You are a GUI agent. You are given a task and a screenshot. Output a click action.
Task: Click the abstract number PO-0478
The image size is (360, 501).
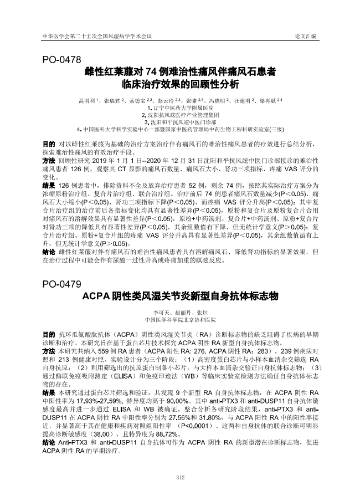coord(62,59)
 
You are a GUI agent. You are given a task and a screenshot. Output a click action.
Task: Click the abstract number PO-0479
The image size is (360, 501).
coord(62,284)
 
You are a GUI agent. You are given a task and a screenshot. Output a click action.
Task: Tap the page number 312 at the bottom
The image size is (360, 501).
coord(180,477)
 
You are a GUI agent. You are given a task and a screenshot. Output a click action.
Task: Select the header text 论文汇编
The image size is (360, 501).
coord(306,36)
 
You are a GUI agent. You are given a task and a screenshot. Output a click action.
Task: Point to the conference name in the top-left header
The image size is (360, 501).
coord(97,36)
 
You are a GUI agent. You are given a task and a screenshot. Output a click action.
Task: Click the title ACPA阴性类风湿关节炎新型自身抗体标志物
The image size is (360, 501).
coord(179,296)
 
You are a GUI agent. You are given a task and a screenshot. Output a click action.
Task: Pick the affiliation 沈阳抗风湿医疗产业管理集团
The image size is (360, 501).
coord(180,114)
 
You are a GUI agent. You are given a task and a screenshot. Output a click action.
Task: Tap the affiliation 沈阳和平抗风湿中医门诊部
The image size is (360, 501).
coord(180,121)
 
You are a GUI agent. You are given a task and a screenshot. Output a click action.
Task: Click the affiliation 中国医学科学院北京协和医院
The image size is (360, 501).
coord(180,320)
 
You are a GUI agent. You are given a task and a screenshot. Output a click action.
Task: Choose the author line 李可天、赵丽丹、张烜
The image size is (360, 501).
coord(180,313)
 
